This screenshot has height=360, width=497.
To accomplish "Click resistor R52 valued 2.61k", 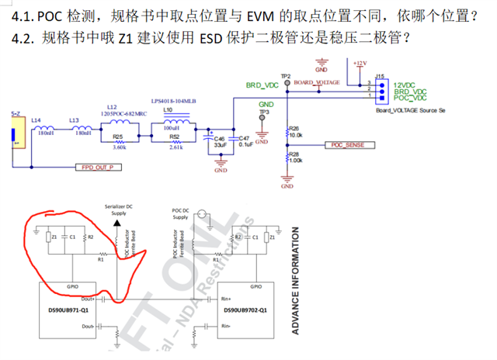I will click(x=175, y=141).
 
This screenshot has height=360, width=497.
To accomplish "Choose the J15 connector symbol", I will click(x=381, y=90).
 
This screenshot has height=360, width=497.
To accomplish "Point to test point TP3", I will click(x=262, y=118).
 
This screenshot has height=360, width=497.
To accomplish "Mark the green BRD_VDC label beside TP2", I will click(x=262, y=84).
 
